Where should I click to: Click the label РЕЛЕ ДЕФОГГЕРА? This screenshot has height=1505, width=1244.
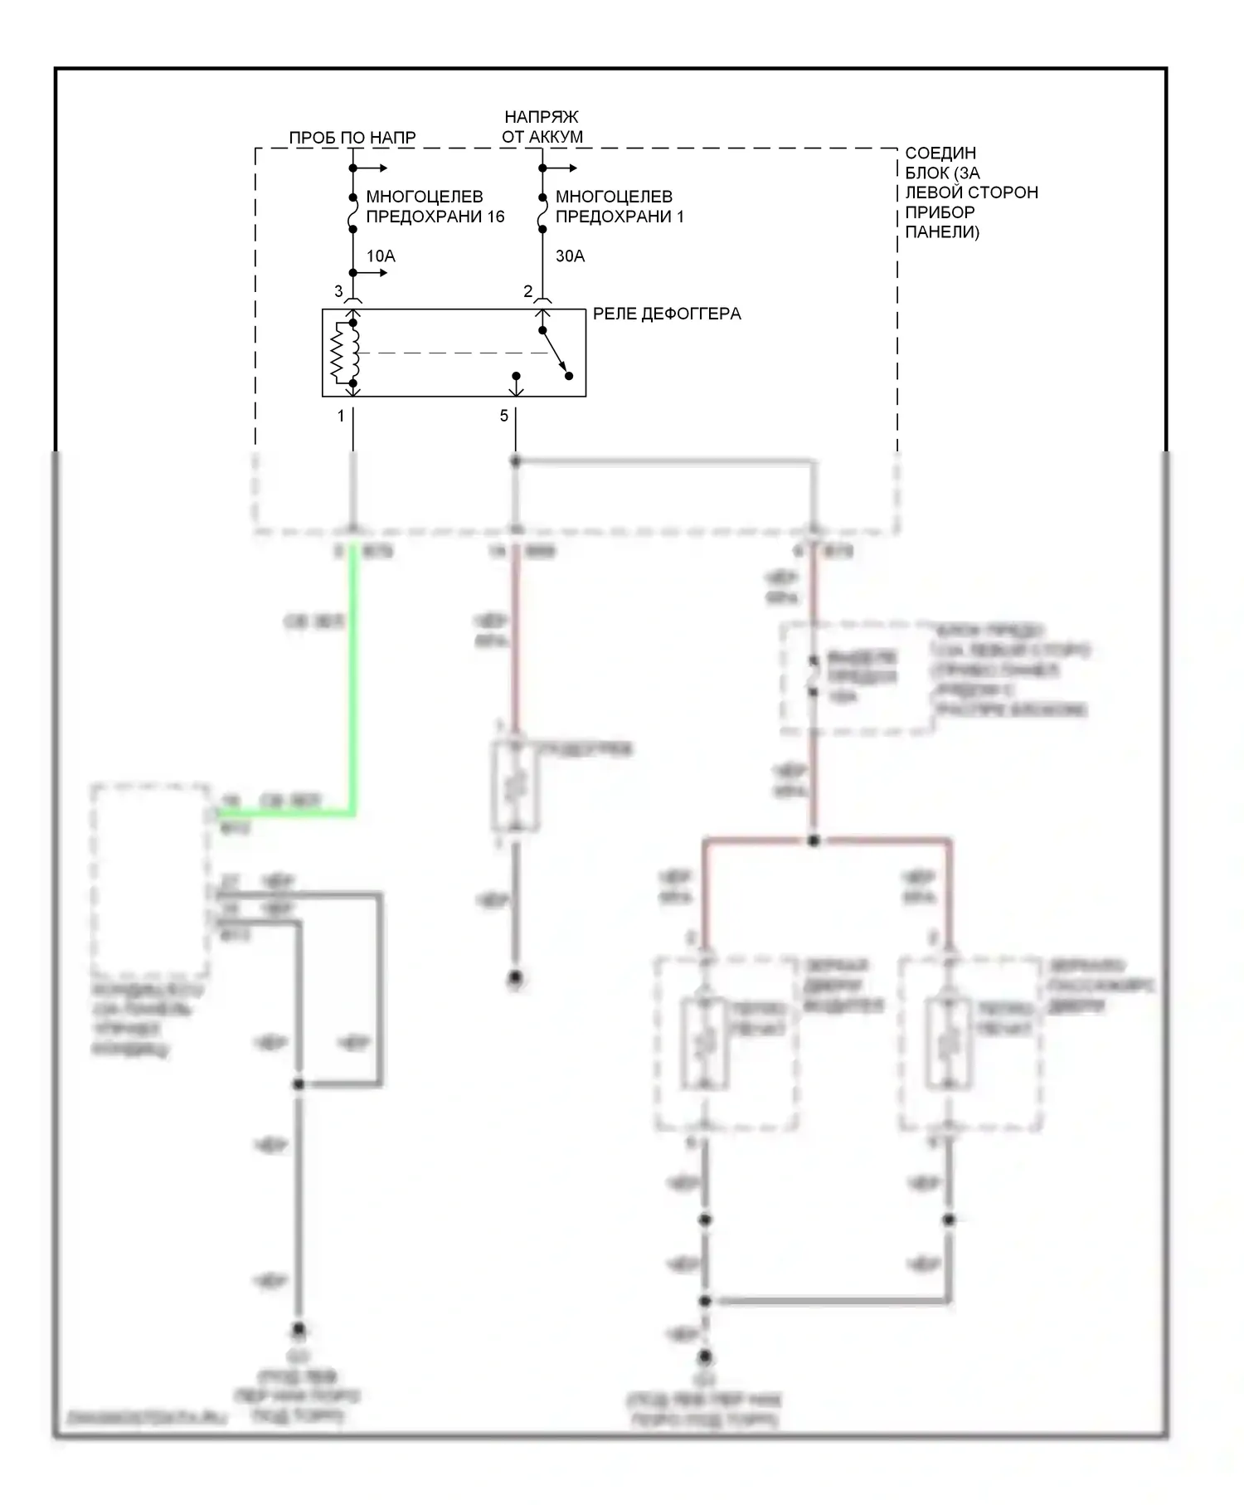tap(666, 314)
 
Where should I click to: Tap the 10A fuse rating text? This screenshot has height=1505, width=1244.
tap(381, 256)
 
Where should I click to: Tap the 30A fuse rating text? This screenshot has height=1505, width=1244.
tap(570, 256)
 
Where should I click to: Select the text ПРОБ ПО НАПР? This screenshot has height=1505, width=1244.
tap(352, 138)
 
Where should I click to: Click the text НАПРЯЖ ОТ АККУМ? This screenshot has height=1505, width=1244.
tap(542, 127)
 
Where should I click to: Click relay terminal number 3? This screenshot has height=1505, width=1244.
tap(338, 291)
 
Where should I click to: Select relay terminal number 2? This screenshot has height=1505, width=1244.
tap(528, 291)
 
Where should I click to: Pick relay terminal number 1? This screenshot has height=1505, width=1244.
tap(341, 416)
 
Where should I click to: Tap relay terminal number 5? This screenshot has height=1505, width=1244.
tap(504, 416)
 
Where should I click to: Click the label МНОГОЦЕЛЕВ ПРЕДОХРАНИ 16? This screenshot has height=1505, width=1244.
tap(435, 207)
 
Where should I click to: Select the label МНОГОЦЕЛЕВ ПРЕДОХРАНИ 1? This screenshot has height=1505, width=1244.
tap(619, 207)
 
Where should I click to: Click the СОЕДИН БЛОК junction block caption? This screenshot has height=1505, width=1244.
tap(969, 192)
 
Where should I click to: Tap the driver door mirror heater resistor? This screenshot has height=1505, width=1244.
tap(705, 1044)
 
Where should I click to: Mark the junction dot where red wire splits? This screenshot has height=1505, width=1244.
tap(814, 840)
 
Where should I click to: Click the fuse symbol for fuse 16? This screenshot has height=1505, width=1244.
tap(352, 213)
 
